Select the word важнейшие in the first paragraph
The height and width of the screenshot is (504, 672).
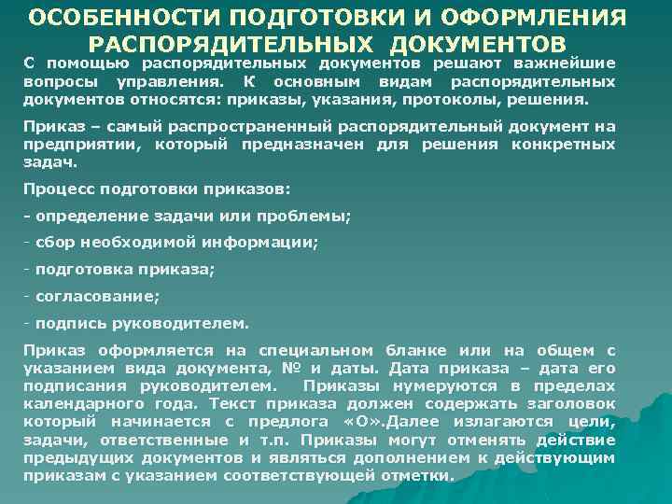click(x=561, y=63)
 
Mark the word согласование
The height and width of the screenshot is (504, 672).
click(x=96, y=297)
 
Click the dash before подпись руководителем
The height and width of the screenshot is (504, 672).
click(x=27, y=324)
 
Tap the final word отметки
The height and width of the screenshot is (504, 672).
click(x=420, y=474)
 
